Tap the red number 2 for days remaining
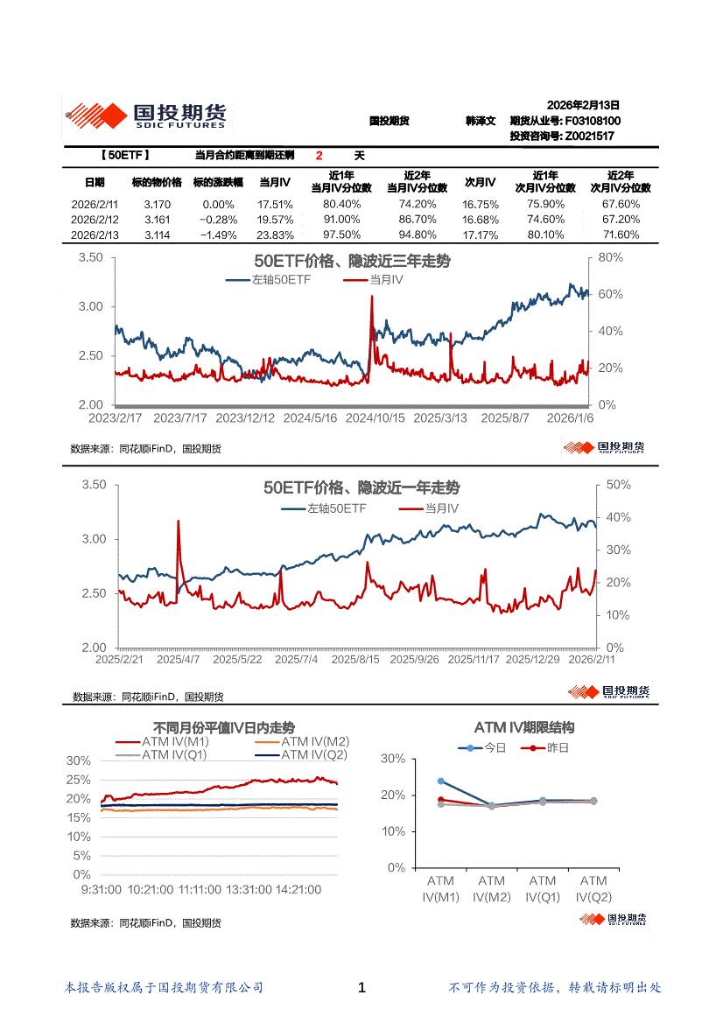[319, 156]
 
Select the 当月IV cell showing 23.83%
[275, 235]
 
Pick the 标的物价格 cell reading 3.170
[157, 204]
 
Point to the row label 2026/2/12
[95, 220]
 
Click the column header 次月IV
[480, 182]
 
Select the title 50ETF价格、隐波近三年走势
[352, 262]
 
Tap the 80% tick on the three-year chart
[610, 258]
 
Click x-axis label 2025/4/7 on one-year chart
[178, 659]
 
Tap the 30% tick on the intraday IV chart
[78, 760]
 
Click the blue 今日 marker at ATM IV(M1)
[441, 781]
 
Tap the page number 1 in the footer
[361, 988]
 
